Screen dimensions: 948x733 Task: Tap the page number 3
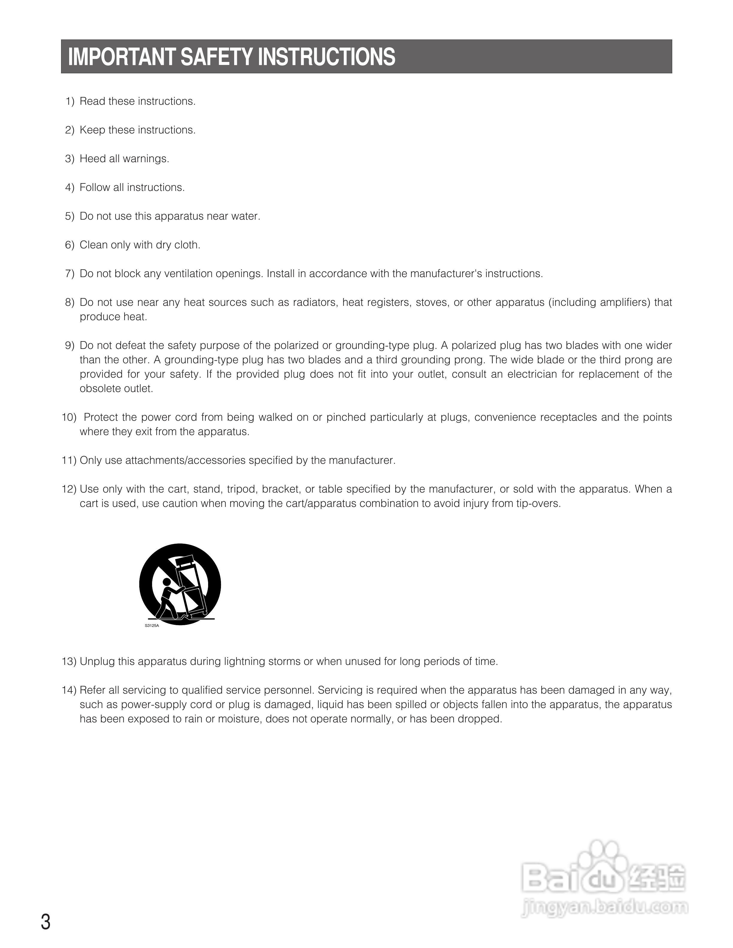coord(46,922)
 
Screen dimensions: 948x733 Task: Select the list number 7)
coord(69,274)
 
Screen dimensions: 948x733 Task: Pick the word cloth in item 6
coord(187,245)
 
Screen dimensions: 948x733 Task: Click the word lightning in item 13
coord(244,662)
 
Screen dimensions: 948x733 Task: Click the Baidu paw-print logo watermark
coord(604,867)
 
